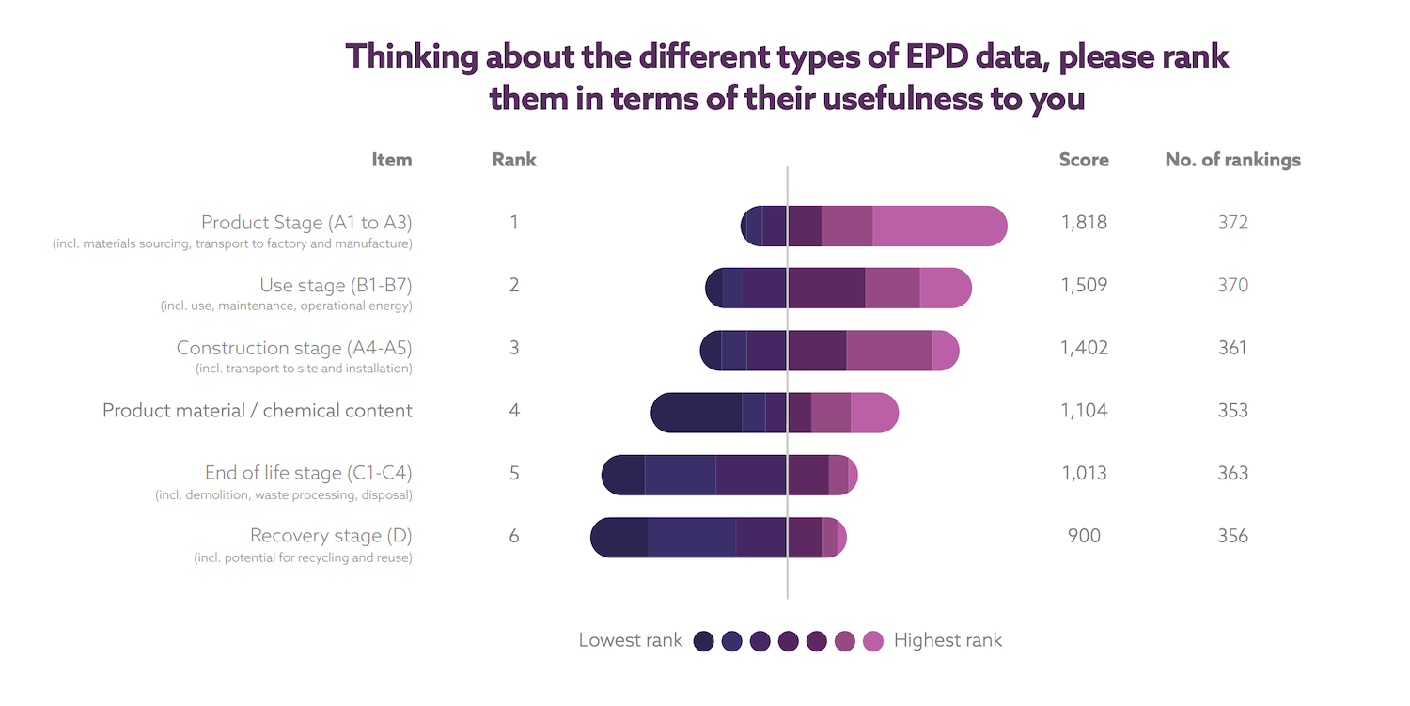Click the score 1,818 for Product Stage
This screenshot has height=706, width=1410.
tap(1084, 223)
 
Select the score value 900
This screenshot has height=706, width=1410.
tap(1084, 536)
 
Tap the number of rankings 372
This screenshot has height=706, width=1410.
tap(1232, 223)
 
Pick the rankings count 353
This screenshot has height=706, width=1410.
tap(1232, 410)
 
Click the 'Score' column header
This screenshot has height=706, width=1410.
tap(1084, 160)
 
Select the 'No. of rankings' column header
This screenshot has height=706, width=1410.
tap(1232, 160)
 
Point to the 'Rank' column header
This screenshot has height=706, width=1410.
tap(514, 160)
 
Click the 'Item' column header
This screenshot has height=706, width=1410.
tap(391, 160)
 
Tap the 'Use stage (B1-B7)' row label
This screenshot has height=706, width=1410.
tap(336, 285)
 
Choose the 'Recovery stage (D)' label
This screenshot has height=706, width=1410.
tap(331, 536)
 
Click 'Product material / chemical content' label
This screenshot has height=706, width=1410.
tap(258, 411)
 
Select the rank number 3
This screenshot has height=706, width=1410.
tap(514, 348)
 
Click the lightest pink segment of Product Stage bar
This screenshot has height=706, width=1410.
tap(938, 227)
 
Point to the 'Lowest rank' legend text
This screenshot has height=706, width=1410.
tap(630, 641)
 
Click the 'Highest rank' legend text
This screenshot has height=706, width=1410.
tap(948, 641)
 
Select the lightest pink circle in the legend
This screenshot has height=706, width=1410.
tap(873, 641)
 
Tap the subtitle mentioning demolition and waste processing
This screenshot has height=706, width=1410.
tap(283, 494)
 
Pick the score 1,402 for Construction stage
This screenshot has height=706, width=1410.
tap(1084, 348)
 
